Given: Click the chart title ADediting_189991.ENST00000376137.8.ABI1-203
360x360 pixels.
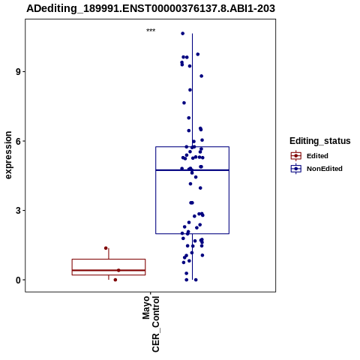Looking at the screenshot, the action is (151, 8).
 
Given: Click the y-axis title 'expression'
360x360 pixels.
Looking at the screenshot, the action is (8, 155).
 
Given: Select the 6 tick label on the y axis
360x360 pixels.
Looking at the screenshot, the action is (18, 141).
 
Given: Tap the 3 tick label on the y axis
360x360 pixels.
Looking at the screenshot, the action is (18, 211).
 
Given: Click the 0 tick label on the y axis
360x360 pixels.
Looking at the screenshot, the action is (18, 280).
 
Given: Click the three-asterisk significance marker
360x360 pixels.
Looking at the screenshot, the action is (151, 31).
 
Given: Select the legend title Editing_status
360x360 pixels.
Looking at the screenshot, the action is (320, 141).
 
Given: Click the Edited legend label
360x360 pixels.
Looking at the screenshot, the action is (317, 156).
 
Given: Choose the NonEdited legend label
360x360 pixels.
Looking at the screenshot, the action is (325, 169).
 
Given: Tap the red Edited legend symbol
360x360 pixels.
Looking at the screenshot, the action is (296, 156).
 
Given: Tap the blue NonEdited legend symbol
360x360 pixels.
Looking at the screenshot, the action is (296, 169).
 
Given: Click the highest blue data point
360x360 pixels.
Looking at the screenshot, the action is (183, 34).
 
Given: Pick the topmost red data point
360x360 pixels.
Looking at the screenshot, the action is (106, 248).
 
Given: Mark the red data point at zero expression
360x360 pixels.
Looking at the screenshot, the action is (115, 280).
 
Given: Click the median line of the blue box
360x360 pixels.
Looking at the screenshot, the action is (192, 170).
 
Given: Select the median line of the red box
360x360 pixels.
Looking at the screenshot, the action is (109, 270).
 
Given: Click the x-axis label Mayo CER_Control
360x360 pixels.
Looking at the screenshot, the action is (151, 324).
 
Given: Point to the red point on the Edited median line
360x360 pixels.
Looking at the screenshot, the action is (118, 270).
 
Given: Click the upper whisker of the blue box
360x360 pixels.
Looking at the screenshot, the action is (192, 90).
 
